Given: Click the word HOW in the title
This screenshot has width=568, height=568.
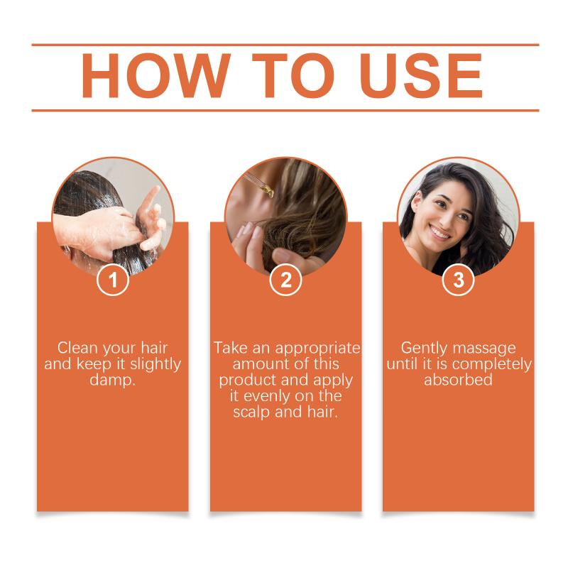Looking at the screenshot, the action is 156,75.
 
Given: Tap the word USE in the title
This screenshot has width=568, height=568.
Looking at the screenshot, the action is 421,75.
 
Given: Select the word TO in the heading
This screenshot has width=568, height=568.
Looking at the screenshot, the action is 293,75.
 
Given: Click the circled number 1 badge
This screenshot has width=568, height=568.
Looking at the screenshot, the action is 113,280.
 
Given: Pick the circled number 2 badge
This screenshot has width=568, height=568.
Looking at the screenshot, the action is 286,280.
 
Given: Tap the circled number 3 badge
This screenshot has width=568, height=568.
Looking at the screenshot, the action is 459,280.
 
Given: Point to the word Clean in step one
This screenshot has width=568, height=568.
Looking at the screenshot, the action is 77,348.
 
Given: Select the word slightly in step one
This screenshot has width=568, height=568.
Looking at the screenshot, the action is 155,364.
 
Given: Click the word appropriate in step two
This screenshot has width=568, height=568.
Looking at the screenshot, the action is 317,349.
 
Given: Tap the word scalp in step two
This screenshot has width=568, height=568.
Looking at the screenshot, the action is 252,413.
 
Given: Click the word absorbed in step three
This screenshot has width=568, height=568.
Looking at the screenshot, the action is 458,380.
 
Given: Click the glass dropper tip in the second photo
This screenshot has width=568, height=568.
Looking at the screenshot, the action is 268,191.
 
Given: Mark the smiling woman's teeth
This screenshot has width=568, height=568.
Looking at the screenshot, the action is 440,233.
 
